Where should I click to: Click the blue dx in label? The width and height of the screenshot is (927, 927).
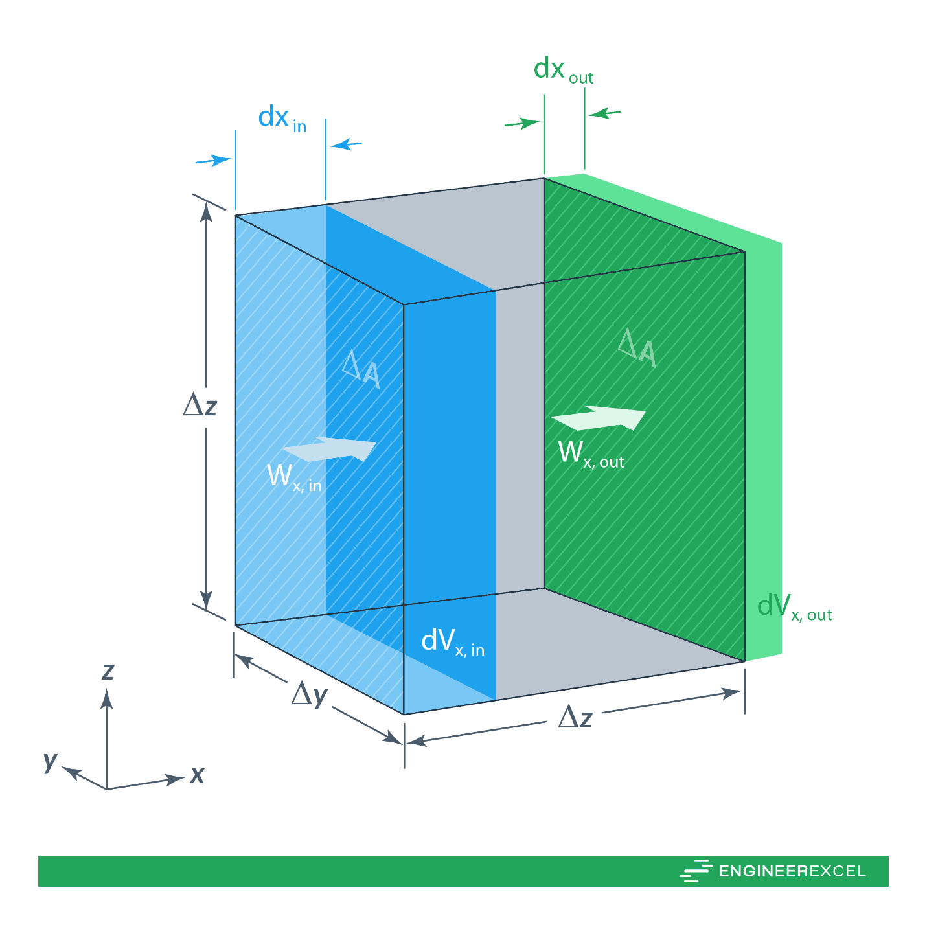point(282,119)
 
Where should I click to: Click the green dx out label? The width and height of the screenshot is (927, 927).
point(563,70)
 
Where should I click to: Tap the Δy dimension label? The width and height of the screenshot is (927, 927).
point(309,696)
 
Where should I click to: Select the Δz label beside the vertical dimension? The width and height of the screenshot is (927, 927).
point(200,406)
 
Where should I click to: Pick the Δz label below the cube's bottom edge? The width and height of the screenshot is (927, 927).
point(575,718)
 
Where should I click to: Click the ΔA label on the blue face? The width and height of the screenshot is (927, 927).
point(361,370)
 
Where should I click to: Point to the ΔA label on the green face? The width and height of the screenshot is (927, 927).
point(637,348)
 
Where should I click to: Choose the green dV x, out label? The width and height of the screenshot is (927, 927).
point(794,607)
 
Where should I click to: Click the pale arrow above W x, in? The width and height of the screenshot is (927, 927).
point(329,449)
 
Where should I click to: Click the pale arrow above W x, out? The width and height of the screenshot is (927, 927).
point(599,418)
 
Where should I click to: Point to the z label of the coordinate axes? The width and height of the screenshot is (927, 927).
point(108,672)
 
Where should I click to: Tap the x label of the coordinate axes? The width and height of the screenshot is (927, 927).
point(197,774)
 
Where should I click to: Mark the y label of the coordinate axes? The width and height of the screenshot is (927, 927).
point(50,762)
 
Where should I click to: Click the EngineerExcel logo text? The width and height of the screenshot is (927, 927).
point(792,871)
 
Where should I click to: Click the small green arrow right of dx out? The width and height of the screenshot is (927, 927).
point(605,114)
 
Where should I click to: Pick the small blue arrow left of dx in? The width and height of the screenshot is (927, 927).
point(213,160)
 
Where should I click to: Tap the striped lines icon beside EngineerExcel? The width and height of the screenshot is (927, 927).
point(696,871)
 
